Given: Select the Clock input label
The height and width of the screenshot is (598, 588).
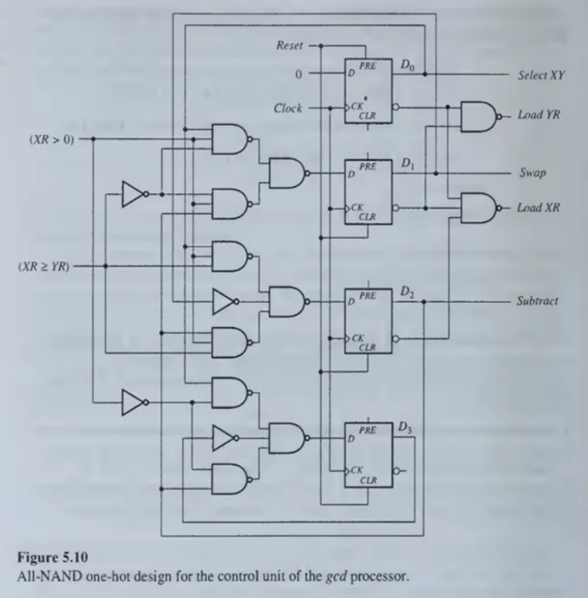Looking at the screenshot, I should click(x=288, y=108).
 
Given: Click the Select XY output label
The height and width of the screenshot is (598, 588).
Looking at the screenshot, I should click(x=540, y=75).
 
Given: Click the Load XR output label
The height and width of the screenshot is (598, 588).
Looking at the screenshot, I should click(x=538, y=208).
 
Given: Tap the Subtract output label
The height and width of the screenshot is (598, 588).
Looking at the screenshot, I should click(x=537, y=301).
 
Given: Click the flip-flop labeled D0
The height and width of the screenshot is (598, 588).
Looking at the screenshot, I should click(x=368, y=91).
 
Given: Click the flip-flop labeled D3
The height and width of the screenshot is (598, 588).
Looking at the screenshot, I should click(x=368, y=455).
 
